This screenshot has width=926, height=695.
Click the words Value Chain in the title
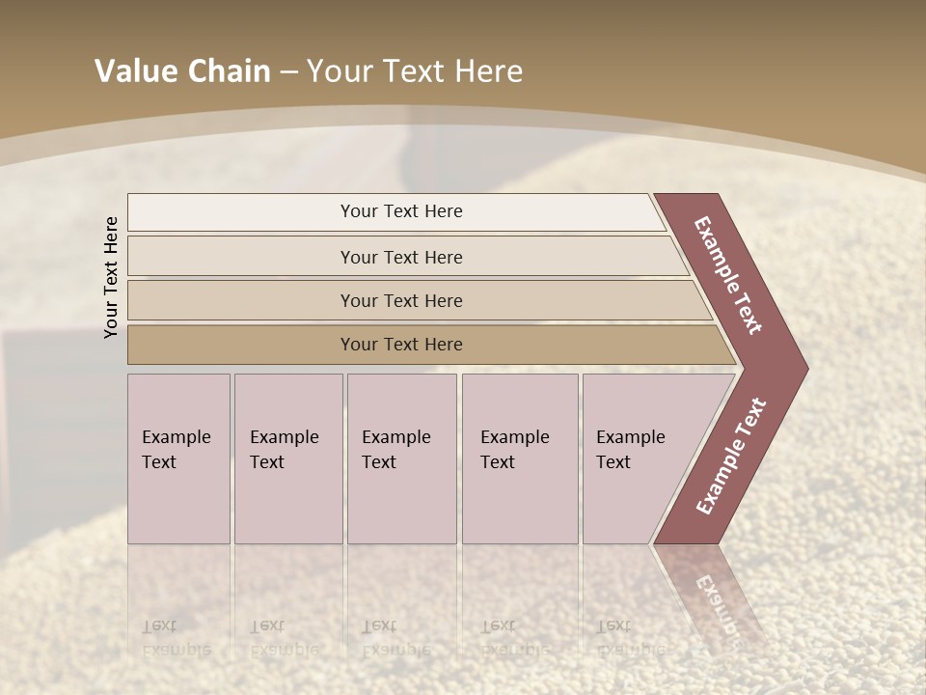[x=182, y=71]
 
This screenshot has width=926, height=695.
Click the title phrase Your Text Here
[x=415, y=71]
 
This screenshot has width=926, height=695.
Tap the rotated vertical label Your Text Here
[x=111, y=277]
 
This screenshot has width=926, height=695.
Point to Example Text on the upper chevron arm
[x=728, y=275]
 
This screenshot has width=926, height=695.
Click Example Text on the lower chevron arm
[x=730, y=457]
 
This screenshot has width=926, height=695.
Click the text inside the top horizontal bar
[x=401, y=211]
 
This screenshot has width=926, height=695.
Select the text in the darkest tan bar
[x=401, y=345]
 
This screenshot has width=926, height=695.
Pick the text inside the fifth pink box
[x=630, y=449]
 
